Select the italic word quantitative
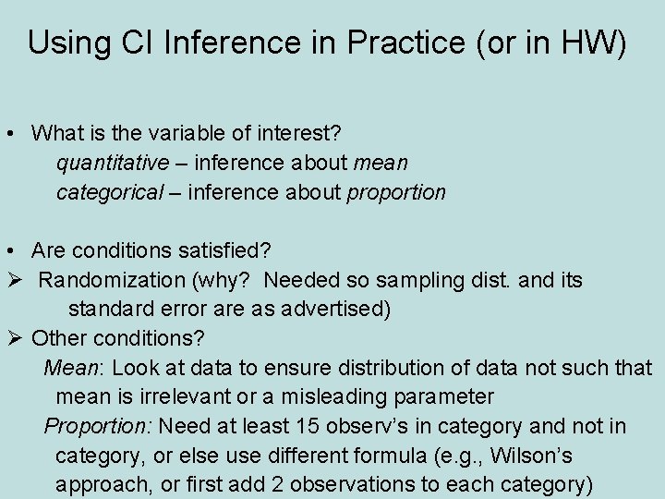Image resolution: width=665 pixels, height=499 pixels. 112,164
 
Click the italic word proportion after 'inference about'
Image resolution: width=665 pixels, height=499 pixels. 396,193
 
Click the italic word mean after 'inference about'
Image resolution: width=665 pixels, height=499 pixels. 381,164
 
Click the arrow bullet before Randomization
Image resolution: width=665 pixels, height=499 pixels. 11,279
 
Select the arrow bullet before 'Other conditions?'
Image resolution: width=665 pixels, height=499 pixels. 11,338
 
